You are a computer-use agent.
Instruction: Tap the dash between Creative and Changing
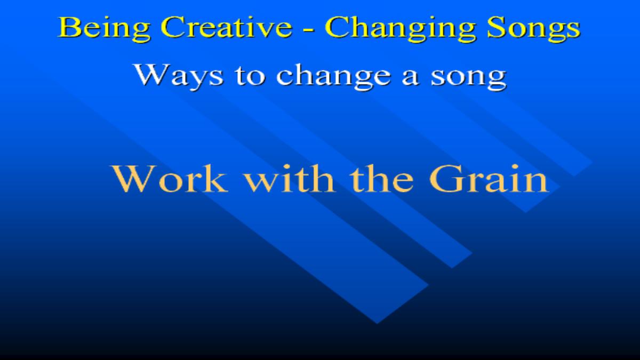[309, 29]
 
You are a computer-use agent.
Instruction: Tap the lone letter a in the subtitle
[410, 77]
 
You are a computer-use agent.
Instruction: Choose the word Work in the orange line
[170, 179]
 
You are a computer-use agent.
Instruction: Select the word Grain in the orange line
[489, 178]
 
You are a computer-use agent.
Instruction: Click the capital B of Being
[68, 27]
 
